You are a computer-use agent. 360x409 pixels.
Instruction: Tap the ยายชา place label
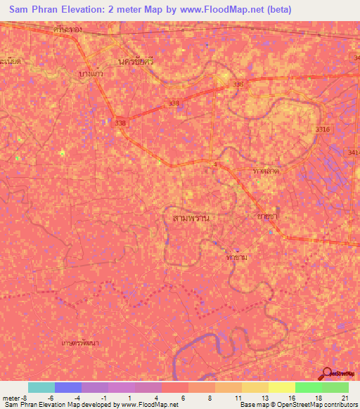269,217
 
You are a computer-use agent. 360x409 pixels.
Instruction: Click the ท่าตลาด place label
266,171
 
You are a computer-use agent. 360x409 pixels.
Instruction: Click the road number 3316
323,129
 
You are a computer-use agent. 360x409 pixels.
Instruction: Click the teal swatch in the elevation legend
41,387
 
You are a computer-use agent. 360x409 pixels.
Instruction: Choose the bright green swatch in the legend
308,387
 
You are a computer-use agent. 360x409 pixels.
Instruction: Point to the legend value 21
345,398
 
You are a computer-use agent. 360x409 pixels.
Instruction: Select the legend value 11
238,398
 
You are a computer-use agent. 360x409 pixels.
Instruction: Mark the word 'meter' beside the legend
11,398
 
